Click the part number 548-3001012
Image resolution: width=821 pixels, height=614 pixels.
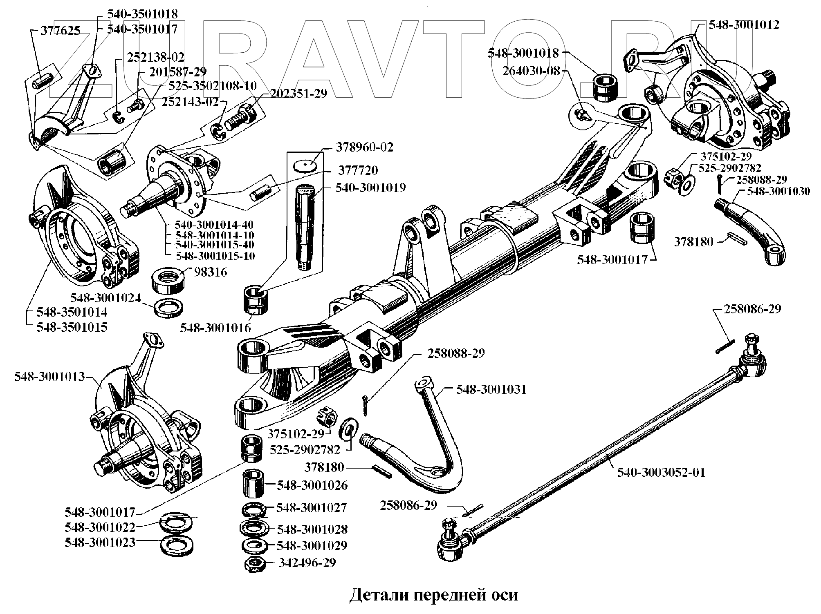(744, 25)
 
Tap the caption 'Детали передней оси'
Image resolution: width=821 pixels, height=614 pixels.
(433, 595)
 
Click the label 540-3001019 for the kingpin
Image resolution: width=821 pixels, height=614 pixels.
(370, 188)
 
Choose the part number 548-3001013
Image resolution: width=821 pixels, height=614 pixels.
(49, 376)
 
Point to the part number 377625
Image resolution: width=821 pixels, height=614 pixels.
(61, 30)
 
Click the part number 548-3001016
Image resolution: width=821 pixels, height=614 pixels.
(215, 328)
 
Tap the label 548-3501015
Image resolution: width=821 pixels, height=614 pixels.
(72, 327)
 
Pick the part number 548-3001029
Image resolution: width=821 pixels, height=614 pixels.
(312, 545)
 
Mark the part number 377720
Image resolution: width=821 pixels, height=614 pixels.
(358, 170)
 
